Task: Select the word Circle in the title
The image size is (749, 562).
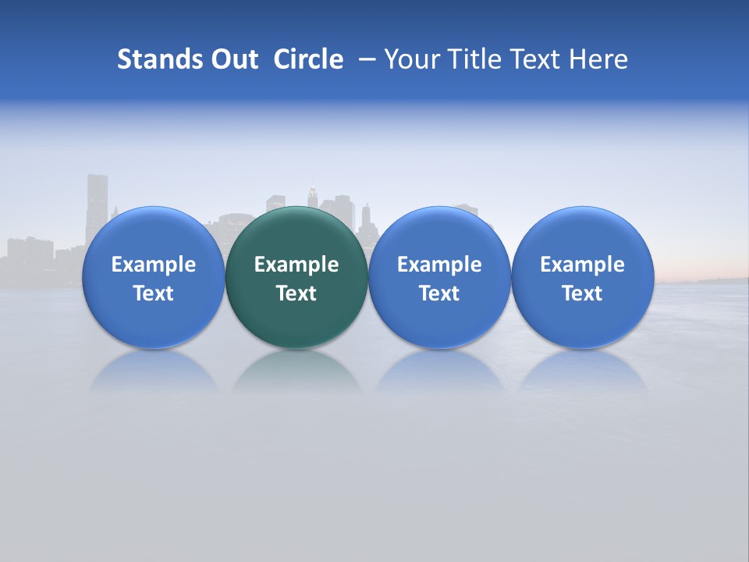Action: click(x=308, y=59)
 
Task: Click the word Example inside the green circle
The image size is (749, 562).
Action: click(x=296, y=265)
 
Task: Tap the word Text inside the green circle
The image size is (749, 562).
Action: click(x=296, y=293)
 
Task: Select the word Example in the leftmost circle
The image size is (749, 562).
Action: click(x=153, y=265)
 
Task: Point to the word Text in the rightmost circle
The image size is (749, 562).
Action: click(x=582, y=293)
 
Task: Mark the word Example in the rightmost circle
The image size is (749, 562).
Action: click(x=582, y=265)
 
